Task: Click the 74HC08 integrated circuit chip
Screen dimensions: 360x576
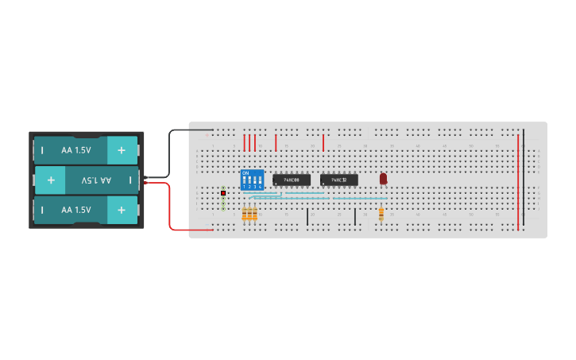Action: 291,180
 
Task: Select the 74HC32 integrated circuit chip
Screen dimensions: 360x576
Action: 339,180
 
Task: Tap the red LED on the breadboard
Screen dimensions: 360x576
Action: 383,179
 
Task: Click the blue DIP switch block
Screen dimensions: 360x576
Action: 252,180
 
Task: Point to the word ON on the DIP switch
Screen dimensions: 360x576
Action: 245,172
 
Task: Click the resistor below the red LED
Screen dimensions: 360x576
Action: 382,214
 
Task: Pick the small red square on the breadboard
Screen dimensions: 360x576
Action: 223,192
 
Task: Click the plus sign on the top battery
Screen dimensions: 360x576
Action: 122,149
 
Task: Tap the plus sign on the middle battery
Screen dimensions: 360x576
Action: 50,180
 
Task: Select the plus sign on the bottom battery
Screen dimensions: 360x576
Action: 122,210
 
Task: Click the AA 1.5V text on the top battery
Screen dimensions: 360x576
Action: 76,149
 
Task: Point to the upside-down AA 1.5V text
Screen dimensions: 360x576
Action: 97,180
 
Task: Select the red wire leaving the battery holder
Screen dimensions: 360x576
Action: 170,207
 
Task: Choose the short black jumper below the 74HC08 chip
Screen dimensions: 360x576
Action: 307,216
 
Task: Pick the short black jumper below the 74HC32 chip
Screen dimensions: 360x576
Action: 355,216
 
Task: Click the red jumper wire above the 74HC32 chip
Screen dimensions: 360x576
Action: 323,143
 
